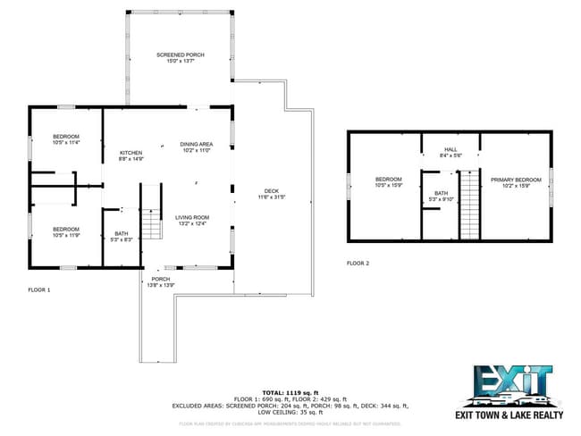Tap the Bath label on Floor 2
pyautogui.click(x=441, y=196)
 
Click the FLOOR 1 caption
pyautogui.click(x=39, y=289)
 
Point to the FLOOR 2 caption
pyautogui.click(x=358, y=263)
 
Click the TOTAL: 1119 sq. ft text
pyautogui.click(x=290, y=392)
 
